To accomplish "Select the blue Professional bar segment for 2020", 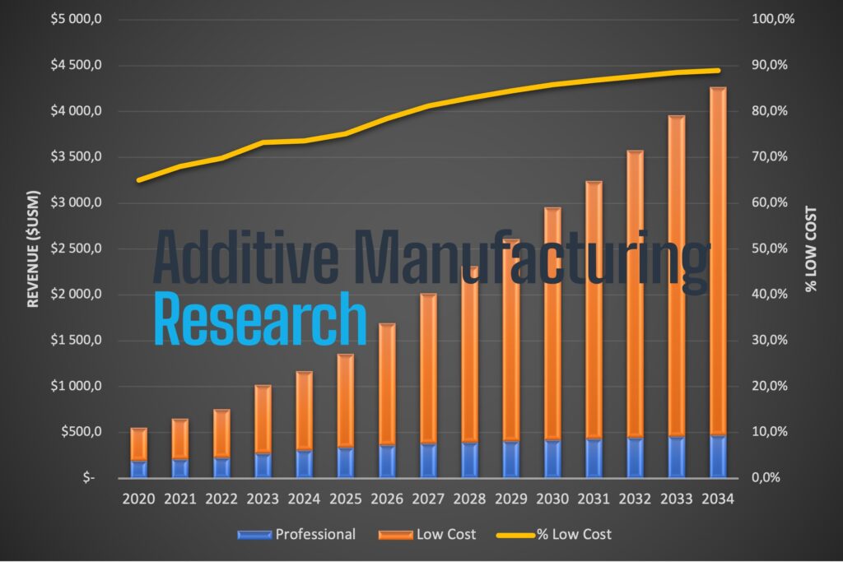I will point(138,468).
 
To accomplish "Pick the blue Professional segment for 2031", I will point(594,458).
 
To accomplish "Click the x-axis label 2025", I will point(345,499).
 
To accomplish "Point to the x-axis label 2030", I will point(552,499).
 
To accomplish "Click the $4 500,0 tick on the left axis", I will point(73,66).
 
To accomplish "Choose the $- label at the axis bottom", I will point(87,478).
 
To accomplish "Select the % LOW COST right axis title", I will point(811,249).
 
